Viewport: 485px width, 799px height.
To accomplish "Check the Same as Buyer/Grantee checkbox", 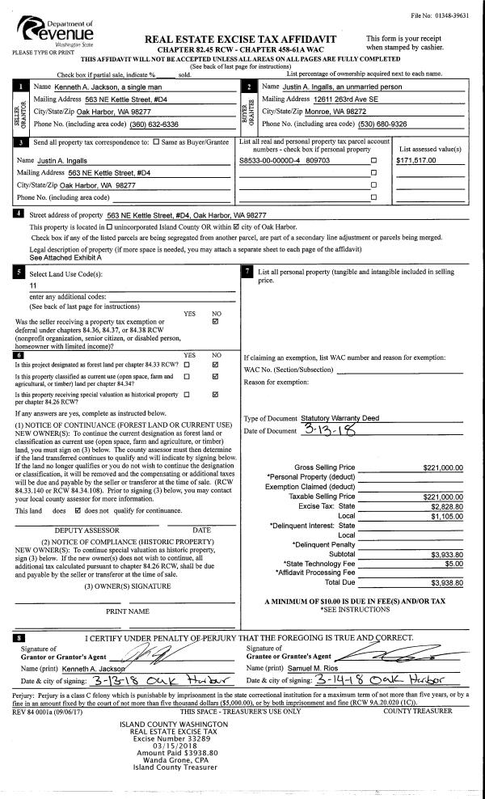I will point(156,142).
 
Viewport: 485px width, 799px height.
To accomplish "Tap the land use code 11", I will point(33,285).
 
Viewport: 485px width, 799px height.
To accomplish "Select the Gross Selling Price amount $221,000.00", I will point(442,467).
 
